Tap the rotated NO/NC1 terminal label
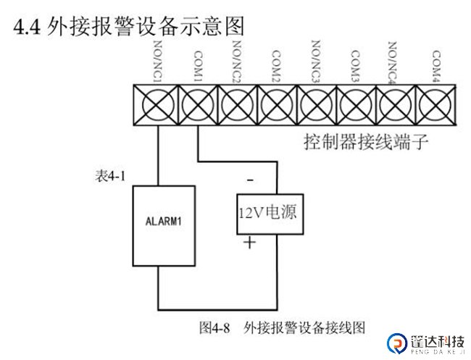[x=157, y=62]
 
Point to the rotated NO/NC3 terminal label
[x=315, y=62]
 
